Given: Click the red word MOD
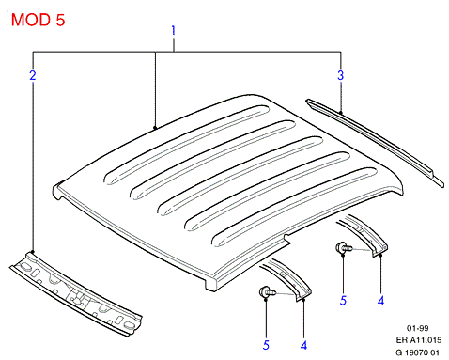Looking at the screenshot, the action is pos(31,20).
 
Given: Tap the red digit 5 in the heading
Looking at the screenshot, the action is pos(60,20).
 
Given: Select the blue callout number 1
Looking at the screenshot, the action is pos(173,31).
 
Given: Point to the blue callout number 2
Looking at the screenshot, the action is pos(33,75).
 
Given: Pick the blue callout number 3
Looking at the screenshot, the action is pos(341,75).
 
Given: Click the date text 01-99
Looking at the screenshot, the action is pos(417,328).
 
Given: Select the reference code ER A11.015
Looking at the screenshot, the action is pos(419,340).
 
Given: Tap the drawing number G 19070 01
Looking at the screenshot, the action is pos(418,352).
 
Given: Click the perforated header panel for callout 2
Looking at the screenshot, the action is pos(76,294).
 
